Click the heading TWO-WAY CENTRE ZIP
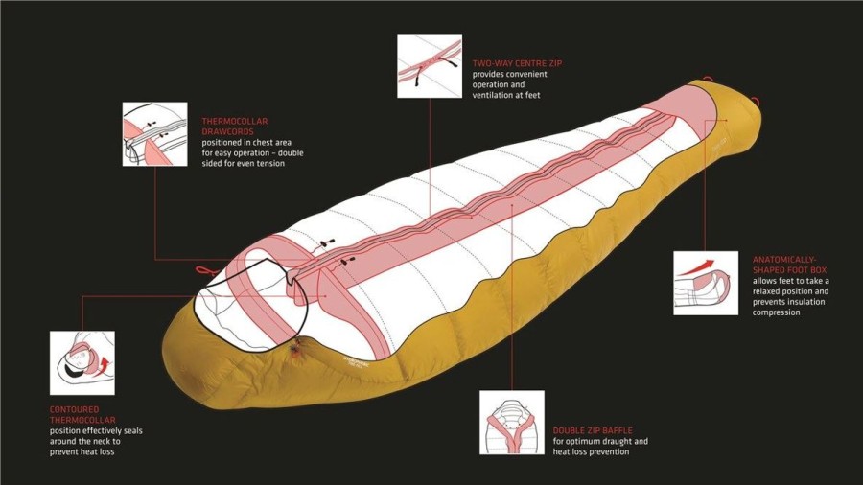(518, 63)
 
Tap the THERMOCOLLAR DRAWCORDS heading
(235, 126)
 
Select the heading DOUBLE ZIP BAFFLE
(593, 430)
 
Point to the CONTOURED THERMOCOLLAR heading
(82, 415)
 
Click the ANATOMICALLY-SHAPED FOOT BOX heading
(790, 265)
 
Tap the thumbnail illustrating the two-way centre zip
(430, 66)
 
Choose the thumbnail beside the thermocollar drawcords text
(154, 134)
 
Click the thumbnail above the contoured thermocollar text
(82, 363)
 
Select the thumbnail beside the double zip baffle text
(512, 423)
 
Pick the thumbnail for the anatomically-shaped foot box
(706, 283)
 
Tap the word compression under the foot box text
(776, 312)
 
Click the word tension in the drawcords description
(272, 163)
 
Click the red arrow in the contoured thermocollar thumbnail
(103, 366)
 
